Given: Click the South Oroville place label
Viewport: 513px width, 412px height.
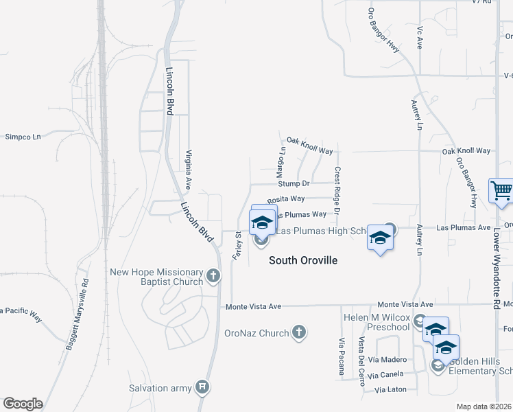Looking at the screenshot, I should pos(303,260).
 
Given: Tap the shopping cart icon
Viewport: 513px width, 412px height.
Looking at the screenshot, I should pos(501,191).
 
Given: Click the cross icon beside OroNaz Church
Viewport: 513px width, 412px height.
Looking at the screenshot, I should pos(298,333).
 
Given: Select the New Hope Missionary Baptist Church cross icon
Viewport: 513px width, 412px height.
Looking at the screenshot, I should pos(213,277).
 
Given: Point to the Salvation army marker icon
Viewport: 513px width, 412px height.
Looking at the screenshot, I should pos(202,388).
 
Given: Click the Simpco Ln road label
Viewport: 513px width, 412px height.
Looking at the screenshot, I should pos(23,137).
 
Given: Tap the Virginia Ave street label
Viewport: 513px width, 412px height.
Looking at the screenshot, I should pos(187,168).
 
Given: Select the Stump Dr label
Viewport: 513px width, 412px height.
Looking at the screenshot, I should pos(294,184).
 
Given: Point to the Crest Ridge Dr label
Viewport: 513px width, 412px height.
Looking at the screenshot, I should pos(337,190).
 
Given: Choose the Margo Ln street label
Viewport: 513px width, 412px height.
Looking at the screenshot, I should pos(281,159).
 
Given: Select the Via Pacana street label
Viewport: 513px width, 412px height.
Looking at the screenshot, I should pos(342,357).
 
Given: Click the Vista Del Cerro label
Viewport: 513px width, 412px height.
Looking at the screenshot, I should pos(361,361).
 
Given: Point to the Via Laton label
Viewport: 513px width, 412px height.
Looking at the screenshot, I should pos(391,390).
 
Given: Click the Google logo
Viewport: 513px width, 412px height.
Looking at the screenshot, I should pos(23,404).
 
